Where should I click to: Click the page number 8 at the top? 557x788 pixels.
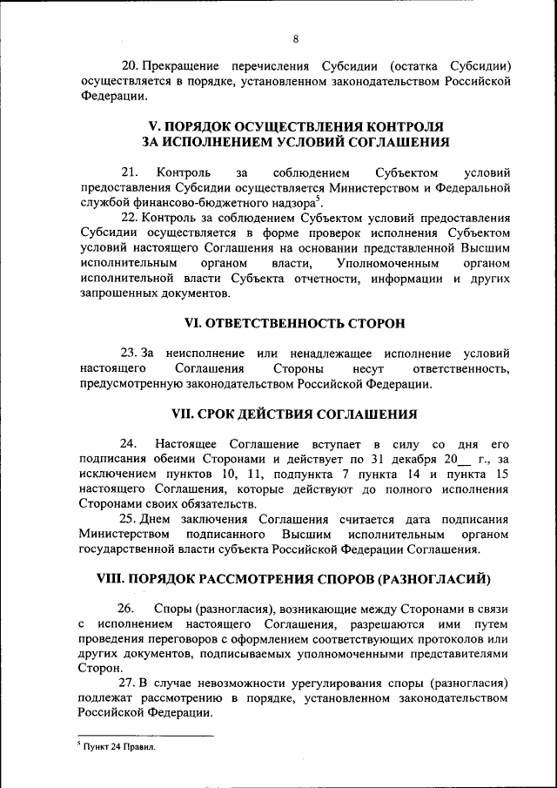pyautogui.click(x=295, y=39)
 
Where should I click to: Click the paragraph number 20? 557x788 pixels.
pyautogui.click(x=129, y=65)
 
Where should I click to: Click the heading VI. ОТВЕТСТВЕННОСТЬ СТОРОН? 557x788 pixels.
pyautogui.click(x=295, y=322)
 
